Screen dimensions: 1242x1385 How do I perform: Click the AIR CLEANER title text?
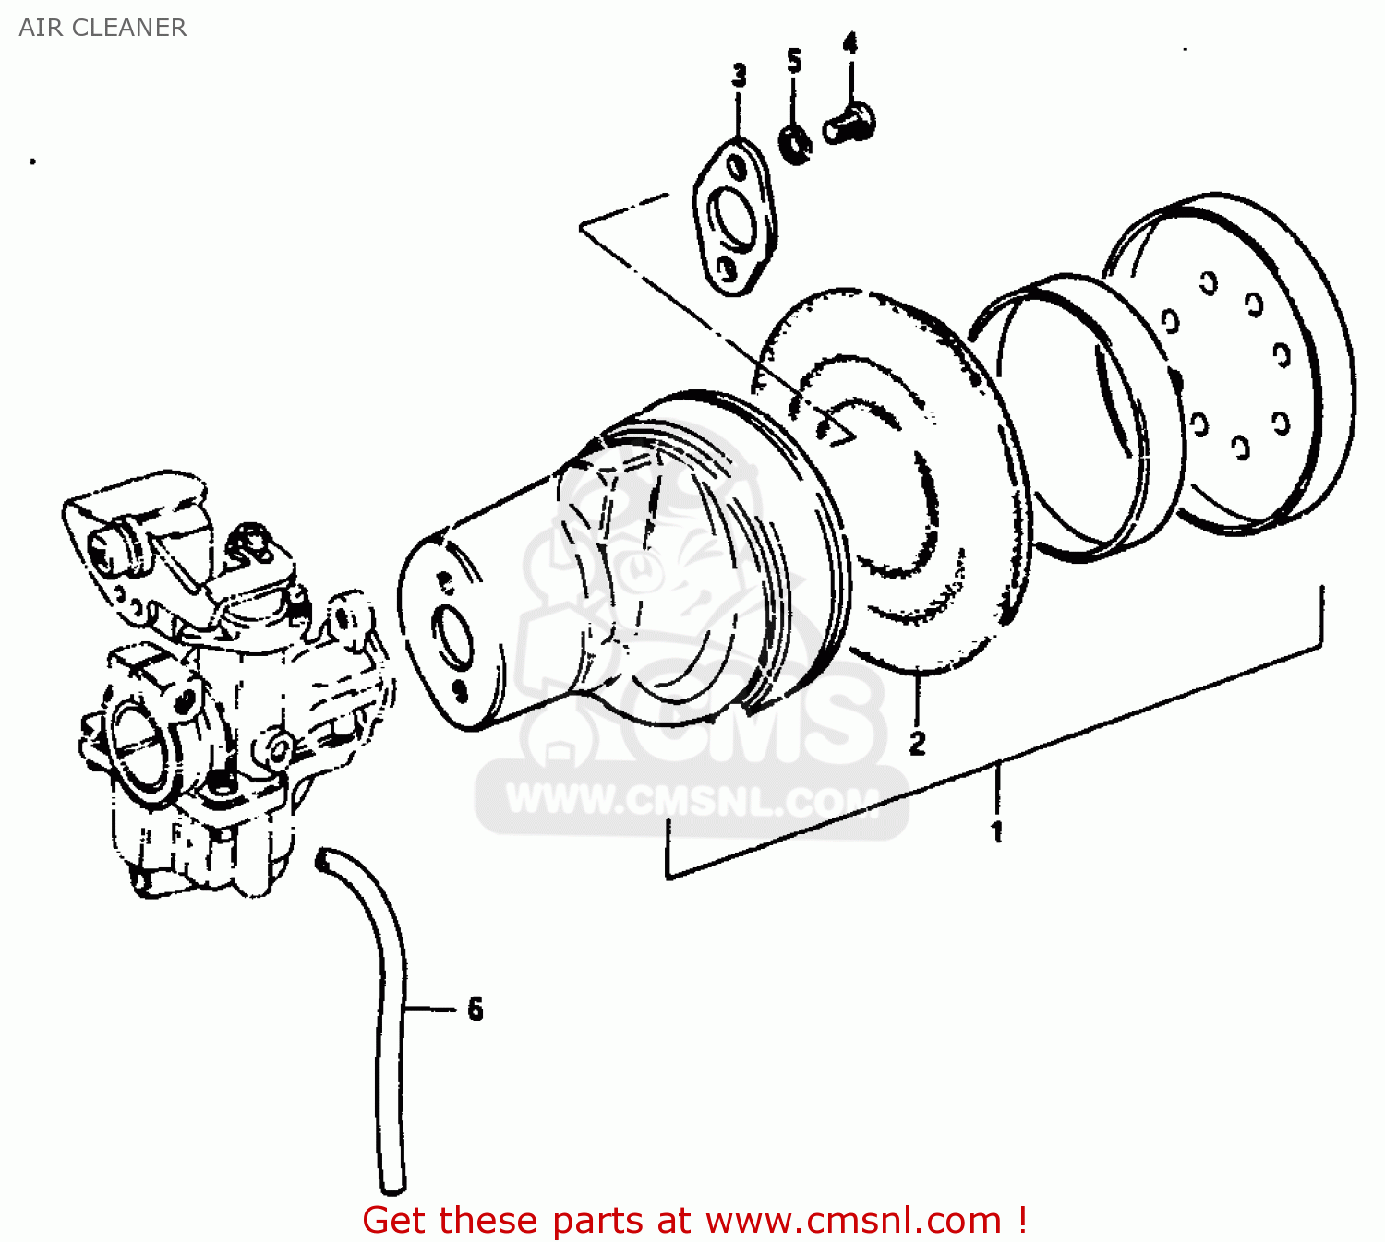click(102, 28)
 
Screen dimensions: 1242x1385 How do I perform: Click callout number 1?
click(997, 831)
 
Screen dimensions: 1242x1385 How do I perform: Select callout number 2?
click(917, 743)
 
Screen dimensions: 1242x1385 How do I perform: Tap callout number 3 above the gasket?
click(739, 76)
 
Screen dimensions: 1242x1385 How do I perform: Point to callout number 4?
click(850, 43)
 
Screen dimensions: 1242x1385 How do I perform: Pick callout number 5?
click(794, 62)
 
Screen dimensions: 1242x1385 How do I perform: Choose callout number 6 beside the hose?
click(476, 1009)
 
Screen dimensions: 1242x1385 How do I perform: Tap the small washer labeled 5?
click(795, 145)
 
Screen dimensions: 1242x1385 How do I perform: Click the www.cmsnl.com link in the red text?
click(853, 1220)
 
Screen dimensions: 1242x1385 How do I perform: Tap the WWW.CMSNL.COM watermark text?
click(692, 800)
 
